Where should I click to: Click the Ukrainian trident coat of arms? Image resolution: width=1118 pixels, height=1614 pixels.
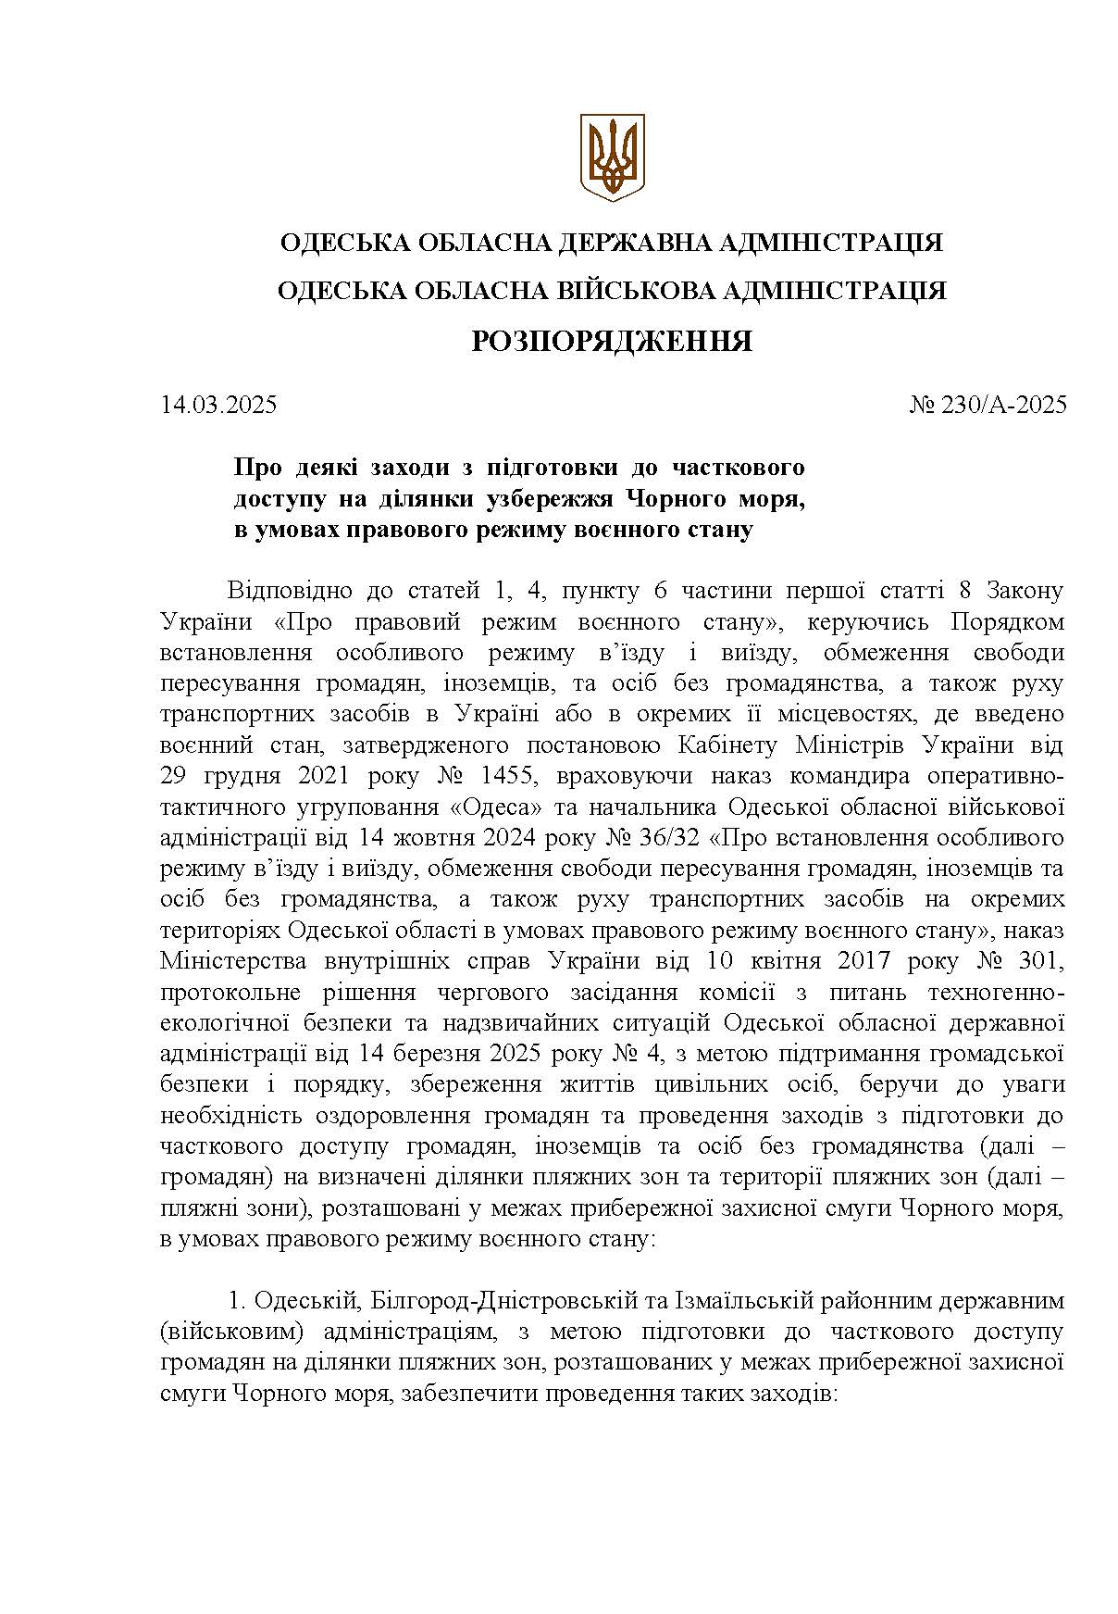[x=612, y=156]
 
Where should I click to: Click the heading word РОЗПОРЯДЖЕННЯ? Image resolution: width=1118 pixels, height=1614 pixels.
[x=612, y=342]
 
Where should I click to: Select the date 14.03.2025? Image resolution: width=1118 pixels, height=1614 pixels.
[x=218, y=405]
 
